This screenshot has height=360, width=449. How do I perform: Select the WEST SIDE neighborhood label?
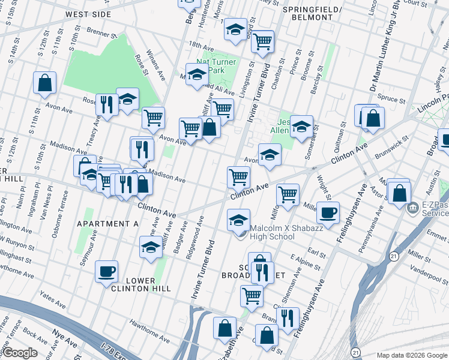click(88, 14)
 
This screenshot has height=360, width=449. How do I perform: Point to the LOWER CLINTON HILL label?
click(140, 284)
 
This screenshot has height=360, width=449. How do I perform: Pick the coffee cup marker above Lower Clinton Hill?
click(106, 271)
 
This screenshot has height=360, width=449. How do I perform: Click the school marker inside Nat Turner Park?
click(196, 74)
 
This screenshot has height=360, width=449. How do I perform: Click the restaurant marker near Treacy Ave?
click(107, 104)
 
